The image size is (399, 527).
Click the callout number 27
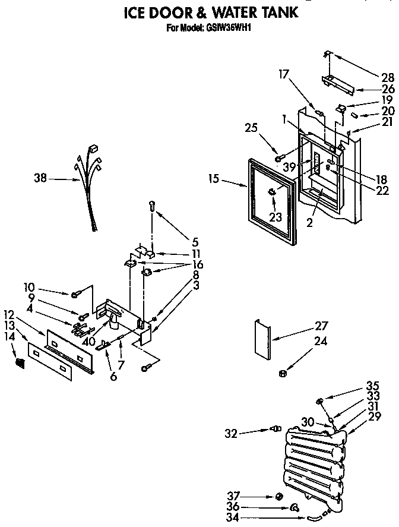[321, 326]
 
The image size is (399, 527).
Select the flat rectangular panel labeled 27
[262, 339]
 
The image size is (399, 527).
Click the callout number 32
[232, 434]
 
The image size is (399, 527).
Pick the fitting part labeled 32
[275, 428]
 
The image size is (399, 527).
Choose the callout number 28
[388, 76]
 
